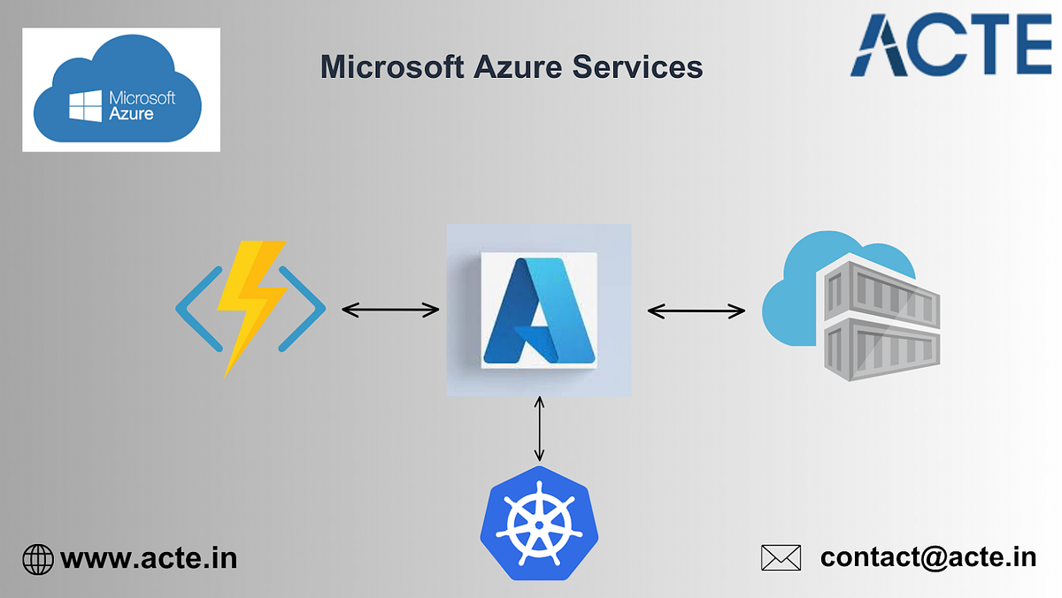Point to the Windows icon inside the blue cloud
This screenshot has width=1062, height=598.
(86, 106)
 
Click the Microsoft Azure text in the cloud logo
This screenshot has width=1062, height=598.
(142, 105)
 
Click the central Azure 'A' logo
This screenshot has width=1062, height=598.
(539, 310)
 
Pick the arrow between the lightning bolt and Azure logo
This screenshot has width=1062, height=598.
(390, 310)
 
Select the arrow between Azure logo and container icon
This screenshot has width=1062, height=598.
(696, 310)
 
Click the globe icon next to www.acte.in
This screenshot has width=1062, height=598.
(38, 558)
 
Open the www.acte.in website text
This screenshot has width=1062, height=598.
(149, 558)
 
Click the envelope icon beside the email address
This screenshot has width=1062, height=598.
(781, 557)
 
